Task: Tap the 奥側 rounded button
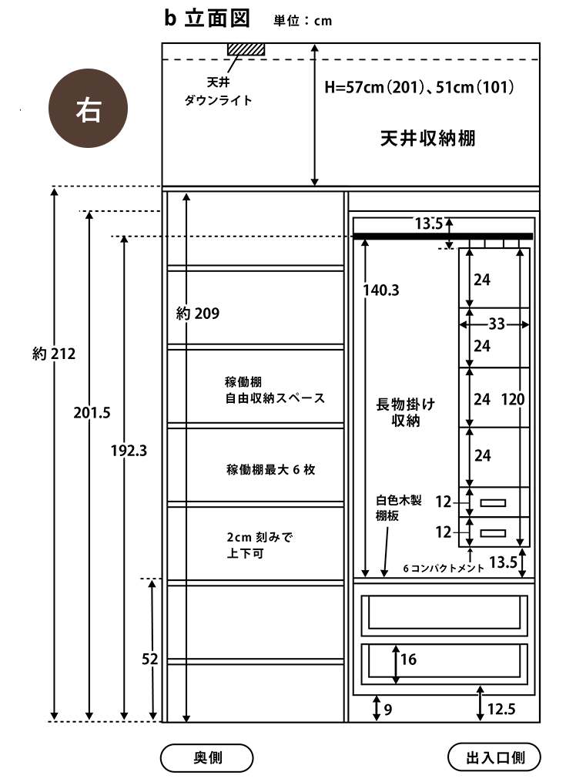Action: click(x=206, y=757)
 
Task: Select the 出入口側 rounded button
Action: click(x=494, y=757)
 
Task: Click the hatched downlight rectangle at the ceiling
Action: click(x=246, y=49)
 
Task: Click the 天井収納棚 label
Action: click(x=427, y=139)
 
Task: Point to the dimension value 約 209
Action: click(x=198, y=314)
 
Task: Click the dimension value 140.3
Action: click(x=382, y=290)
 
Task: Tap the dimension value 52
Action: click(x=150, y=659)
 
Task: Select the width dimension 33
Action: click(x=497, y=325)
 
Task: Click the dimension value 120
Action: click(x=514, y=399)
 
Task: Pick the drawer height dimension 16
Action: click(x=408, y=659)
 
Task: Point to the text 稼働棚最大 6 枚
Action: click(x=270, y=470)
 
